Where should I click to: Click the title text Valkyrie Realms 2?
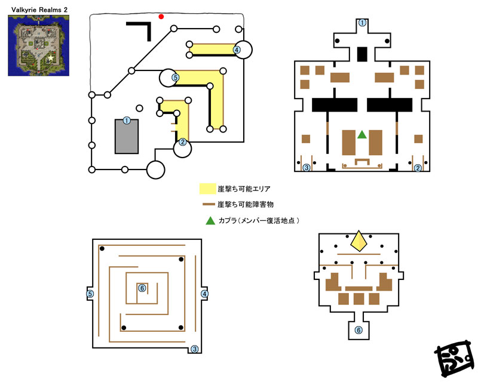click(39, 10)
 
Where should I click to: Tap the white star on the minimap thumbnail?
click(51, 57)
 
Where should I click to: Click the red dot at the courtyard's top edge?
click(161, 17)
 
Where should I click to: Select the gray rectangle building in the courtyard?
click(127, 137)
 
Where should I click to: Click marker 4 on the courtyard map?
click(237, 50)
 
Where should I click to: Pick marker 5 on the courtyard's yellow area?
click(175, 78)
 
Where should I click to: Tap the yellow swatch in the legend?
click(207, 189)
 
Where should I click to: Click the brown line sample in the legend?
click(209, 204)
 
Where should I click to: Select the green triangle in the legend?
click(210, 221)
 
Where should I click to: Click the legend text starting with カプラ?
click(259, 221)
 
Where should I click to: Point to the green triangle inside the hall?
click(362, 135)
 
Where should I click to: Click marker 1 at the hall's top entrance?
click(362, 23)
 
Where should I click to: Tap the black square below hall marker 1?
click(362, 54)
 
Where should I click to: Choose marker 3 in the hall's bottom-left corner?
click(307, 168)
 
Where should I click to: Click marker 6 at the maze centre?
click(142, 288)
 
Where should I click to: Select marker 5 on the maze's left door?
click(90, 294)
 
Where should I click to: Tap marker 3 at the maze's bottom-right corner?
click(195, 349)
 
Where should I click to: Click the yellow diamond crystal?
click(359, 241)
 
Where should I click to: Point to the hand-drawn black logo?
click(455, 359)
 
